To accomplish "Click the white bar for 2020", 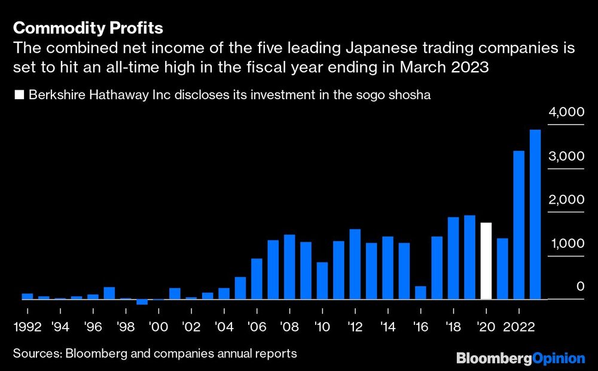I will point(486,261).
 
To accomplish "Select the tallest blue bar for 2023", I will point(535,214).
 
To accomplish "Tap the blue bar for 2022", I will point(518,225).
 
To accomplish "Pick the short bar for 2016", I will point(420,293).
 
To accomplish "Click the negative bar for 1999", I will point(142,302).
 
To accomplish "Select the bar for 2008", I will point(289,267).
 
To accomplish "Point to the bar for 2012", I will point(355,264).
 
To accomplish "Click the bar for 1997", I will point(109,293).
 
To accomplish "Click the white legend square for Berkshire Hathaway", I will point(19,96).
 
